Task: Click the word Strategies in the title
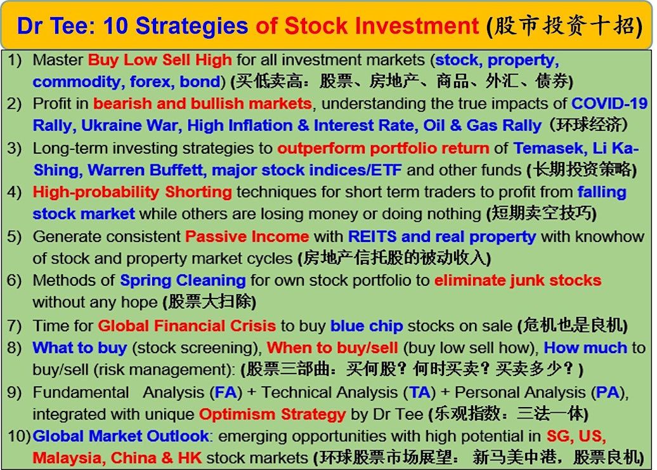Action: [x=192, y=26]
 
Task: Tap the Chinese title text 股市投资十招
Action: [x=564, y=26]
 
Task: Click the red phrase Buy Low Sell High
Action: [x=160, y=60]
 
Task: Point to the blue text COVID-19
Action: [x=609, y=104]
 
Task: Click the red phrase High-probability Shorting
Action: [x=132, y=192]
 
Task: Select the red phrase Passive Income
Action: [x=247, y=237]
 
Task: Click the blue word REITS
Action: [x=372, y=237]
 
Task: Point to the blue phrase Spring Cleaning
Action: [x=183, y=280]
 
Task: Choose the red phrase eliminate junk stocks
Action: [x=518, y=280]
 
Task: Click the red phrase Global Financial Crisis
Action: [x=187, y=326]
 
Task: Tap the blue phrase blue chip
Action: [x=367, y=326]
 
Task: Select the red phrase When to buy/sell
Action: [x=332, y=348]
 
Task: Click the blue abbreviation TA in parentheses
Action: [x=419, y=393]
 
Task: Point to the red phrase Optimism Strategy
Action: [x=272, y=415]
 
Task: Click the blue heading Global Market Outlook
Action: [x=120, y=436]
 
